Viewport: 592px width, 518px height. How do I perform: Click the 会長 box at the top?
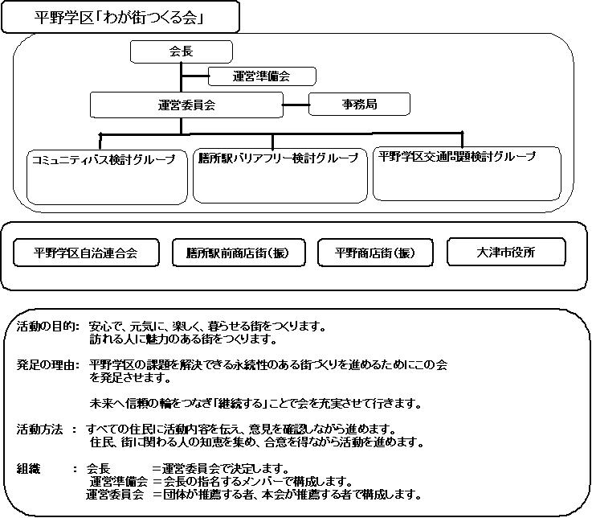(182, 51)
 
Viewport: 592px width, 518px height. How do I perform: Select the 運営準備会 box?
(262, 76)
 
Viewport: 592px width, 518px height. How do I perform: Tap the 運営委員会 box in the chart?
(186, 105)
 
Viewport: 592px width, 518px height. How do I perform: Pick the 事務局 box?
(359, 104)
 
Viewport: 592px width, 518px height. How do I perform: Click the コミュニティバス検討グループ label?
(104, 159)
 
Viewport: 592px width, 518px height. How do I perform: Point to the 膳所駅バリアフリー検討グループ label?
(278, 158)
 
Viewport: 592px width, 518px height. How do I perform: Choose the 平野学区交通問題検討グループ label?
(457, 156)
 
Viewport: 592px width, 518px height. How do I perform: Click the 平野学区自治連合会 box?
(86, 253)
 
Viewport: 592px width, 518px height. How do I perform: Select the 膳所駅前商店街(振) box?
(239, 253)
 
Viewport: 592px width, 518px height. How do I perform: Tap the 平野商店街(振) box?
(375, 253)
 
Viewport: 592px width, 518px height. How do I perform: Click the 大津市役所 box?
(506, 252)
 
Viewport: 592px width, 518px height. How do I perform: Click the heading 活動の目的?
(48, 327)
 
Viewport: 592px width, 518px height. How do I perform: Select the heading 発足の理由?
(48, 365)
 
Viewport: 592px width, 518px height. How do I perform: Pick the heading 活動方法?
(39, 430)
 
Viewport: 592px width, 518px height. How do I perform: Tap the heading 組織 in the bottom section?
(28, 469)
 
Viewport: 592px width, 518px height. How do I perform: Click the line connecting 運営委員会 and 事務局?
(296, 105)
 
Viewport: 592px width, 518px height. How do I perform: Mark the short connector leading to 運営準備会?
(195, 76)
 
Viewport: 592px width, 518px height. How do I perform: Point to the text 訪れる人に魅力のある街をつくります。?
(183, 339)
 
